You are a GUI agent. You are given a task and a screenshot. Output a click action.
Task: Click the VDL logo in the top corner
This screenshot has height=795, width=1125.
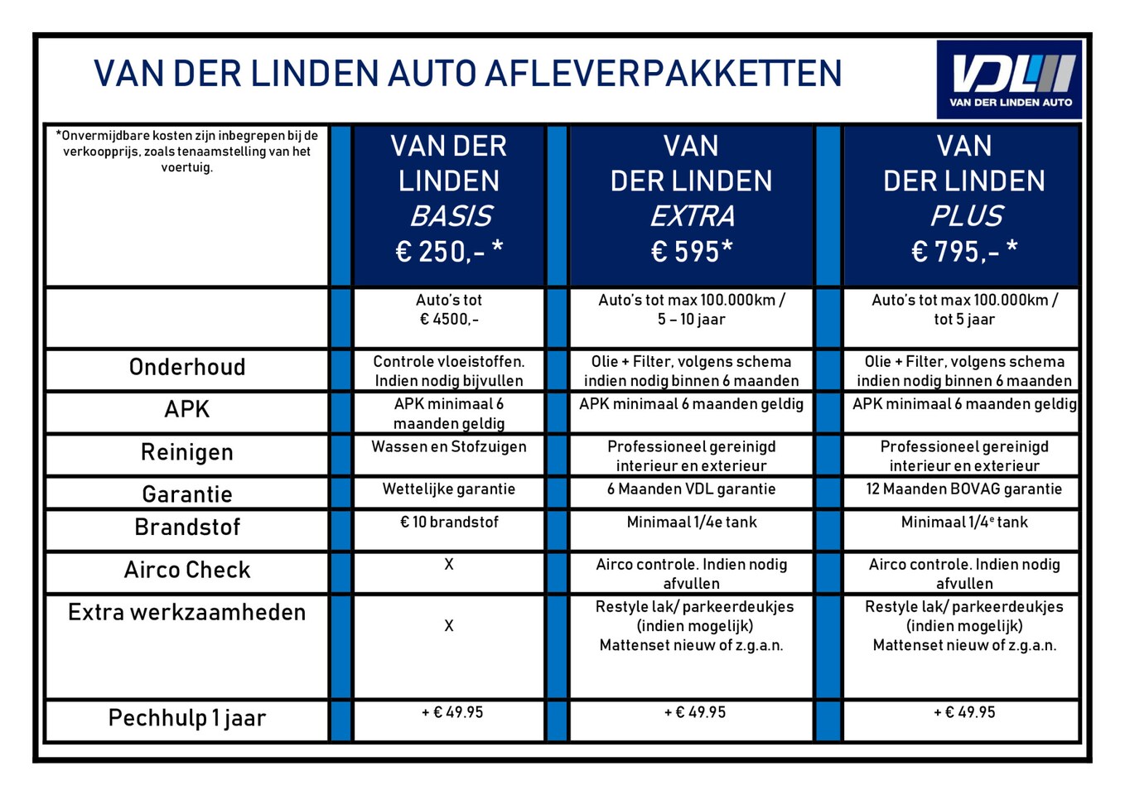pyautogui.click(x=1010, y=79)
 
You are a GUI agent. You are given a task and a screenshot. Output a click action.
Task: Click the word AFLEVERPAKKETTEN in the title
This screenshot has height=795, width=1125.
pyautogui.click(x=663, y=74)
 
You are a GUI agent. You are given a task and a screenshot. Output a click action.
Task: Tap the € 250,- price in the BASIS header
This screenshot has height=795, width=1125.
pyautogui.click(x=449, y=251)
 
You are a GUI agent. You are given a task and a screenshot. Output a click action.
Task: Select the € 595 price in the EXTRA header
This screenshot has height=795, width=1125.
pyautogui.click(x=692, y=251)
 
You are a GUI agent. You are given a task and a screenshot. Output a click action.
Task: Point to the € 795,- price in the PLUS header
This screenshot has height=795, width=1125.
pyautogui.click(x=964, y=251)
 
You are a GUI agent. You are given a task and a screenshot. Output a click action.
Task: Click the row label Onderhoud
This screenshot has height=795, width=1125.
pyautogui.click(x=187, y=367)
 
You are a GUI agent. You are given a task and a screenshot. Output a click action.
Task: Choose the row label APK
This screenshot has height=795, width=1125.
pyautogui.click(x=187, y=409)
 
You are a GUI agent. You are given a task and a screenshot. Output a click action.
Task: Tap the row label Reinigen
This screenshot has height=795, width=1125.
pyautogui.click(x=187, y=452)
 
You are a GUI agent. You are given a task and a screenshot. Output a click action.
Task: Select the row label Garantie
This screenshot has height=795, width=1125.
pyautogui.click(x=187, y=494)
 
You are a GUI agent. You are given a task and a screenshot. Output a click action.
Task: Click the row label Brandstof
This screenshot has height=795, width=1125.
pyautogui.click(x=187, y=528)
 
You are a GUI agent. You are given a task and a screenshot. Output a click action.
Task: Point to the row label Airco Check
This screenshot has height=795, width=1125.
pyautogui.click(x=187, y=570)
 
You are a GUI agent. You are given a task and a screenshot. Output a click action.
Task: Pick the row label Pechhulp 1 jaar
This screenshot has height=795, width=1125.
pyautogui.click(x=187, y=718)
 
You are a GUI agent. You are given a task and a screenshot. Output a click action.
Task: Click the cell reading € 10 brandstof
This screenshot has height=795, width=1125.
pyautogui.click(x=449, y=523)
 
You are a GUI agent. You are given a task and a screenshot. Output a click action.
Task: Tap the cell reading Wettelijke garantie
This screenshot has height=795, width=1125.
pyautogui.click(x=449, y=489)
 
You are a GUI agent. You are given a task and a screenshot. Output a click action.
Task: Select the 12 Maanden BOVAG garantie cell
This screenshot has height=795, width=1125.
pyautogui.click(x=964, y=489)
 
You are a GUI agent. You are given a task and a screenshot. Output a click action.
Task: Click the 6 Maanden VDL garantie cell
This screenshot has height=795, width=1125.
pyautogui.click(x=692, y=489)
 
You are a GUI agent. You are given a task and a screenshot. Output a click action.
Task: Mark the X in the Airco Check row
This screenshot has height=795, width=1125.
pyautogui.click(x=449, y=565)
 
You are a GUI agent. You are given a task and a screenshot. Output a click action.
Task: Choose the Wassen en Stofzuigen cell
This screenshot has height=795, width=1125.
pyautogui.click(x=449, y=447)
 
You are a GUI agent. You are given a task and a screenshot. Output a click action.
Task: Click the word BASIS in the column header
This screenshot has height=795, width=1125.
pyautogui.click(x=451, y=216)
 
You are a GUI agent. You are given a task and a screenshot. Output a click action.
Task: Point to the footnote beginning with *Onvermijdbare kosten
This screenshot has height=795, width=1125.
pyautogui.click(x=187, y=151)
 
